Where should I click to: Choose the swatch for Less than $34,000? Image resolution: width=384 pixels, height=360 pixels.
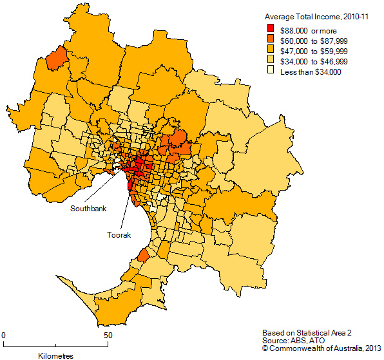pos(271,72)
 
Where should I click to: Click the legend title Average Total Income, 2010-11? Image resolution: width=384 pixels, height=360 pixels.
pos(316,17)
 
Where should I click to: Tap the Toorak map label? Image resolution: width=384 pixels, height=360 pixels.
pos(119,236)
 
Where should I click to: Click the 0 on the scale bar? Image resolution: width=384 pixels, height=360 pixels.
pos(3,336)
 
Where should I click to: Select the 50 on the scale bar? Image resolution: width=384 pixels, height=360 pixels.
pos(108,336)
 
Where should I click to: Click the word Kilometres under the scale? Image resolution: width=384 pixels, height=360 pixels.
pos(56,355)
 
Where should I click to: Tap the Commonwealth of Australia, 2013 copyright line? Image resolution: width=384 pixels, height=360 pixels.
pos(322,349)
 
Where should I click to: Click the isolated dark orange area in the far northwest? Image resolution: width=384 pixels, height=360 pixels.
pos(58,57)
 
